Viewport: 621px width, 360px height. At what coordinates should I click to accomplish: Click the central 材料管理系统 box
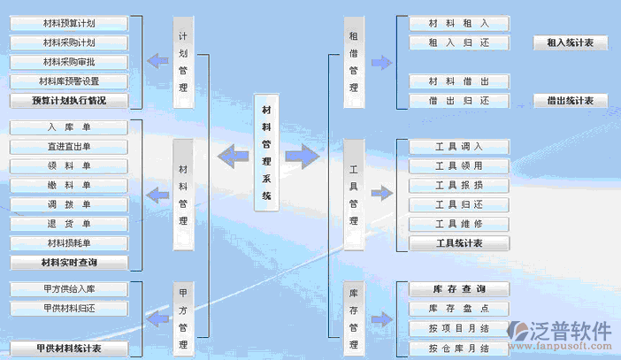coord(266,153)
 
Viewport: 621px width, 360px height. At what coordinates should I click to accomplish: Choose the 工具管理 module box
coord(353,194)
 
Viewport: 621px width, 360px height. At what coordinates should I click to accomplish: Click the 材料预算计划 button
coord(69,23)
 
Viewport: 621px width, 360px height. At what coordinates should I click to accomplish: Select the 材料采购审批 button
coord(69,62)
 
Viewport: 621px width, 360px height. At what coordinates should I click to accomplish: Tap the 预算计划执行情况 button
coord(69,101)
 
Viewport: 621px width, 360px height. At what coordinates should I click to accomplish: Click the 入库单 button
coord(69,127)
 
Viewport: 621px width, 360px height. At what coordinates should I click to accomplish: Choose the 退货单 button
coord(69,224)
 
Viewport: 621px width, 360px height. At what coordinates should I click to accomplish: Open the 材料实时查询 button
coord(69,263)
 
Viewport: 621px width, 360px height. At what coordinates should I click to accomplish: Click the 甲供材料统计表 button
coord(69,349)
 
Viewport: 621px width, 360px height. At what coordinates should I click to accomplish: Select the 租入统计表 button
coord(570,42)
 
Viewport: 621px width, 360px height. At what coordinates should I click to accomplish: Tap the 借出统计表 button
coord(570,101)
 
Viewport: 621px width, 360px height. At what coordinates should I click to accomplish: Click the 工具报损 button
coord(459,186)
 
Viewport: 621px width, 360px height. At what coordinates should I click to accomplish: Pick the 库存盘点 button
coord(459,309)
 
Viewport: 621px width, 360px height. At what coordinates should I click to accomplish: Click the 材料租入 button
coord(459,23)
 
